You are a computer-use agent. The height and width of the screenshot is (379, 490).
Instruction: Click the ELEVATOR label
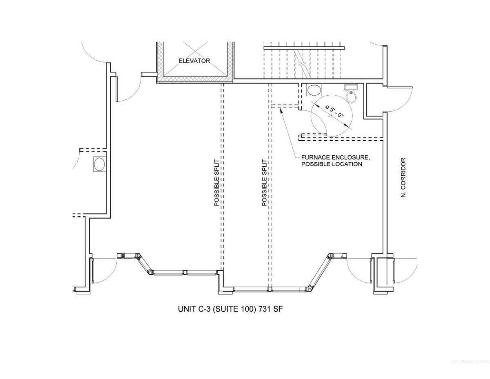tap(194, 61)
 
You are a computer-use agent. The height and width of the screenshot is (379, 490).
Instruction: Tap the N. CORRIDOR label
tap(403, 178)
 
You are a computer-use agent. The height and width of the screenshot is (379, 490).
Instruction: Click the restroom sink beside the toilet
tap(314, 90)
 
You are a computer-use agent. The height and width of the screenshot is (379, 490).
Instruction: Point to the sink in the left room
tap(100, 164)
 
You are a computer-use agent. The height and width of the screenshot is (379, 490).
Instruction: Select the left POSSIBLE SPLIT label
tap(216, 183)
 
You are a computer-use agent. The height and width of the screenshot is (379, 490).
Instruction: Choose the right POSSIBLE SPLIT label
tap(264, 183)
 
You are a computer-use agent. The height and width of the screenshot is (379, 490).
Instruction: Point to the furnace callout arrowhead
tap(281, 110)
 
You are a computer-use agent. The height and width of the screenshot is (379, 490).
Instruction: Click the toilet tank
tap(351, 87)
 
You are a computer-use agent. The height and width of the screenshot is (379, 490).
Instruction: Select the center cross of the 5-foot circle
tap(331, 117)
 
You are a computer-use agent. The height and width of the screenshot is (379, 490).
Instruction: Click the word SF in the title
tap(278, 309)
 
